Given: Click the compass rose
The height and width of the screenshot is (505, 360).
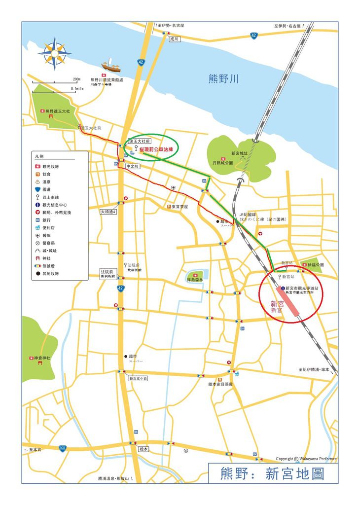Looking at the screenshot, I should (54, 54).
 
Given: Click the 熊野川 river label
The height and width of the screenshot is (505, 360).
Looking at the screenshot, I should (224, 78).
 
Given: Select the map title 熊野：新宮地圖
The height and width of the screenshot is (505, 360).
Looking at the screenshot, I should (273, 474).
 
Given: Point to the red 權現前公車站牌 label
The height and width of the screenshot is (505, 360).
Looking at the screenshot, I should (156, 149).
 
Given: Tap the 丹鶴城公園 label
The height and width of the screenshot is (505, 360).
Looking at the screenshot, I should (222, 162).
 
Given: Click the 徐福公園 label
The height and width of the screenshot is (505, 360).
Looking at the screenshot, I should (315, 265).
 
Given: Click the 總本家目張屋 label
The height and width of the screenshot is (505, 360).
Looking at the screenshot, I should (220, 383).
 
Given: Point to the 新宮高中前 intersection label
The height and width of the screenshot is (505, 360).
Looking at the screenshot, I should (138, 379).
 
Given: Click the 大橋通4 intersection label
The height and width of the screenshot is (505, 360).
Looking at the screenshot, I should (108, 211).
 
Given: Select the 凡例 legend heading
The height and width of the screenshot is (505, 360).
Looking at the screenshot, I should (40, 156).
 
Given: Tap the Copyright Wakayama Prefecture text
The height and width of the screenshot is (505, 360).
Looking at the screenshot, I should (306, 458).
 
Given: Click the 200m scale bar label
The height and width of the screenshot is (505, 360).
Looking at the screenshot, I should (76, 79).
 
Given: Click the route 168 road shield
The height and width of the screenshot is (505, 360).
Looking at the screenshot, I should (62, 448).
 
